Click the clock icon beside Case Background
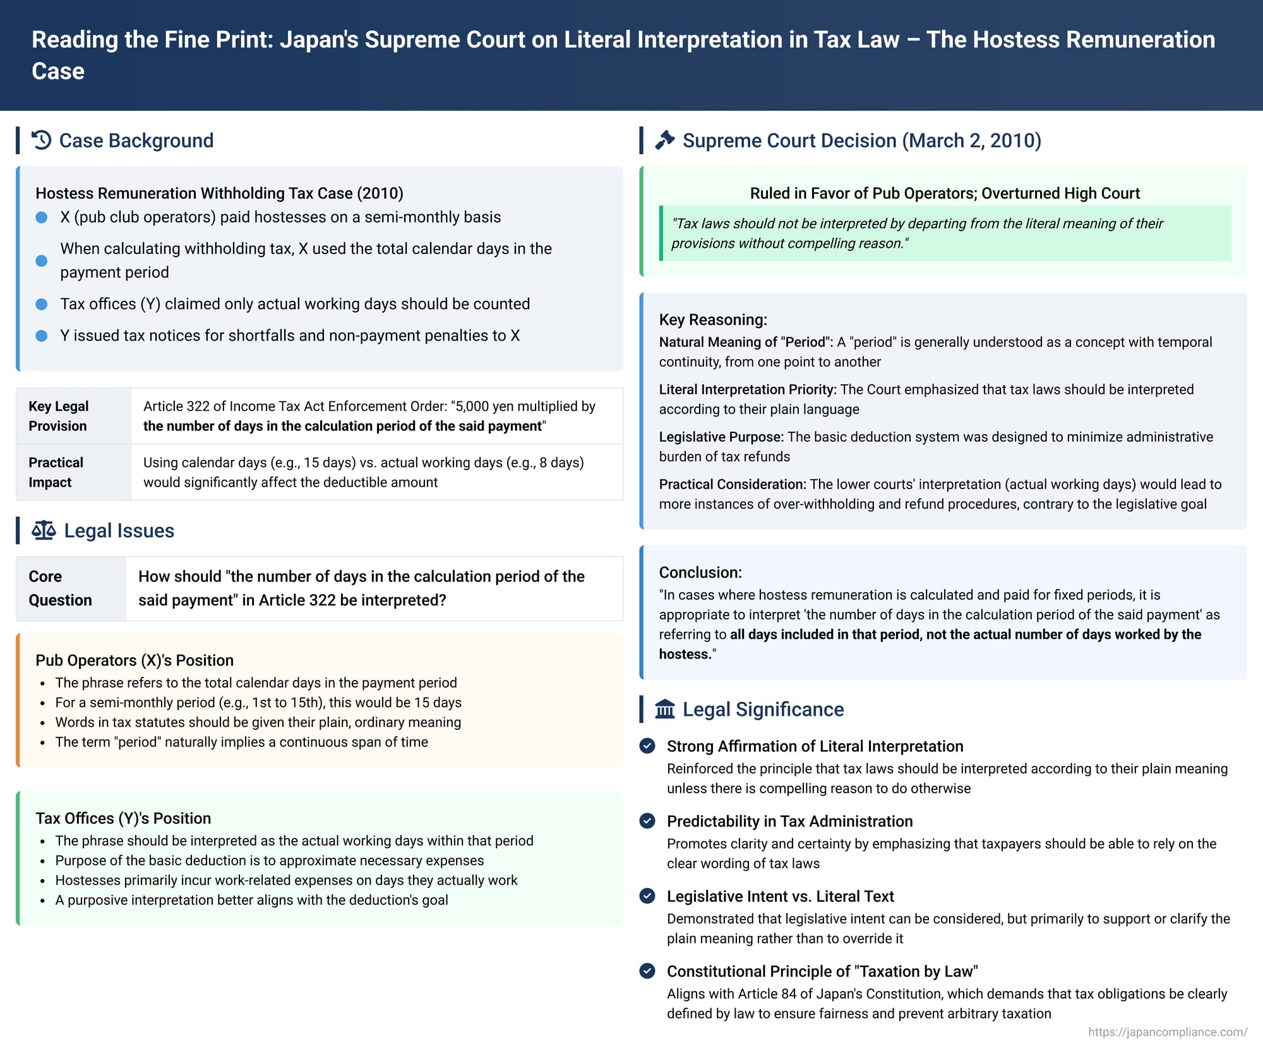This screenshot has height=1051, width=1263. click(x=42, y=140)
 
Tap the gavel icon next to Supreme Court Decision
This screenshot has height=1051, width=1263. click(x=664, y=140)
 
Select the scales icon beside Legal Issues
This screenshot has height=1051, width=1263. click(x=44, y=530)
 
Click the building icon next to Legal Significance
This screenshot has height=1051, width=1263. click(x=664, y=709)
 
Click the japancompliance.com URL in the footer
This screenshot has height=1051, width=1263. click(x=1167, y=1032)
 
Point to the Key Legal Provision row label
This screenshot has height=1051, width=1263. click(x=59, y=416)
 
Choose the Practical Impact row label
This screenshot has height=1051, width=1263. click(x=56, y=472)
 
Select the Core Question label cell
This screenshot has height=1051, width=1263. click(x=60, y=588)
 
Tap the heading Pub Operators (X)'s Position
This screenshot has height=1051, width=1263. click(x=135, y=660)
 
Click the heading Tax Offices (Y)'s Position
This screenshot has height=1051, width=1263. click(x=123, y=818)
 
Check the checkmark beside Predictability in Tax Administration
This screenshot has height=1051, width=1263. click(x=647, y=821)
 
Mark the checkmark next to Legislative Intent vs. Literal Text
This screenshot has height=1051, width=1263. click(x=647, y=896)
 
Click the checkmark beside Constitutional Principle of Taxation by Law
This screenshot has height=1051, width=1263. click(x=647, y=971)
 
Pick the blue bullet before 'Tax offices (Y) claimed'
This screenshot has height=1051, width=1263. click(x=42, y=304)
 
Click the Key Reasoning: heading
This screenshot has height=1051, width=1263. click(x=713, y=320)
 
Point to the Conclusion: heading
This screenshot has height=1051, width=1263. click(x=700, y=573)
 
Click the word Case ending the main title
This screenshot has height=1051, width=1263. click(x=58, y=71)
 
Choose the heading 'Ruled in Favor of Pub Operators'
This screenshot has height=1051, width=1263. click(x=945, y=193)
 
